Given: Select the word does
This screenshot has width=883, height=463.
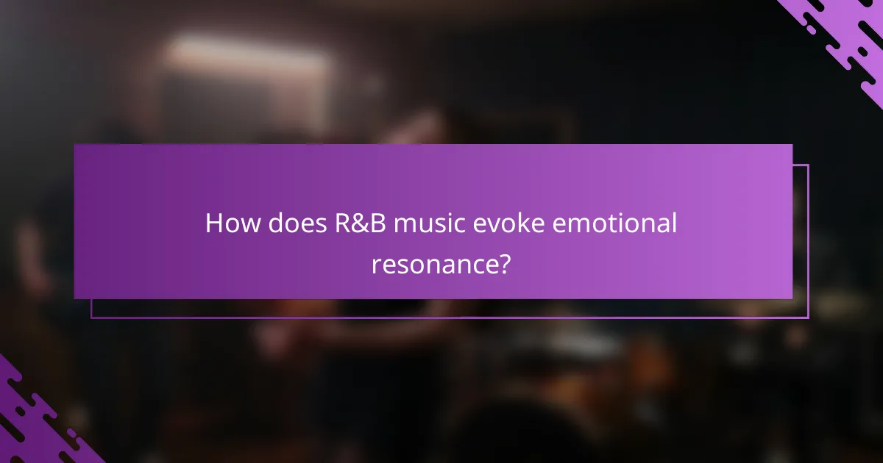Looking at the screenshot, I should (291, 223).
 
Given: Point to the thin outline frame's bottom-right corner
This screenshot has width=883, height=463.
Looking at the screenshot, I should (808, 317).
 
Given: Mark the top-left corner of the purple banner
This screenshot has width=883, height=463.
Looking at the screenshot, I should (75, 145).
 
